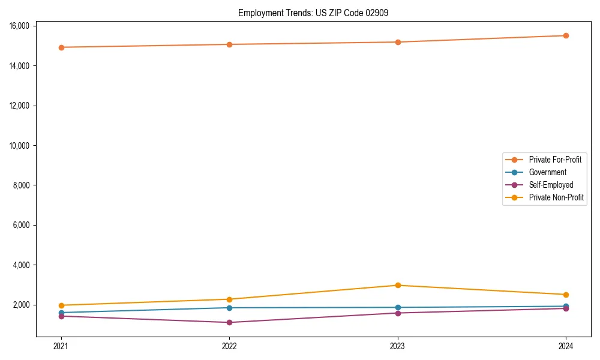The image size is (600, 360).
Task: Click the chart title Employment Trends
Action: [x=313, y=13]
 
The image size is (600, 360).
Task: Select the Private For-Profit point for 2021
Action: [x=61, y=47]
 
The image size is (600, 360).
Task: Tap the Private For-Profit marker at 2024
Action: [x=566, y=35]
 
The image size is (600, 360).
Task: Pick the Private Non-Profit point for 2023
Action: [x=398, y=285]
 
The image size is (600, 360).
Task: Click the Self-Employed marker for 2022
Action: [x=229, y=322]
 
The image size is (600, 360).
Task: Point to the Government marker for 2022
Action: [x=229, y=308]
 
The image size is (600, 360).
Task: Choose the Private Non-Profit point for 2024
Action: [x=566, y=295]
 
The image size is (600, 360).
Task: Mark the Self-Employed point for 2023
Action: [x=398, y=313]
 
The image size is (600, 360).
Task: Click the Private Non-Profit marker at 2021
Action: [x=61, y=305]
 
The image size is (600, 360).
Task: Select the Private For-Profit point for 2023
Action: [x=398, y=42]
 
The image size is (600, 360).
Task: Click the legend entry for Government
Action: [x=547, y=172]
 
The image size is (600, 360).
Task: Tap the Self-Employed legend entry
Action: [x=551, y=185]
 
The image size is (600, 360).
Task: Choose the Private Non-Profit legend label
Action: [x=556, y=197]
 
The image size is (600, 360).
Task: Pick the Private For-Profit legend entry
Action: [x=555, y=160]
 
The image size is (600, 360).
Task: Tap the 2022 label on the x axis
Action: [x=229, y=346]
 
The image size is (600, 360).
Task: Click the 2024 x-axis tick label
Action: [x=566, y=346]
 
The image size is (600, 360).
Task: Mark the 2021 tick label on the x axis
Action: [x=61, y=346]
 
